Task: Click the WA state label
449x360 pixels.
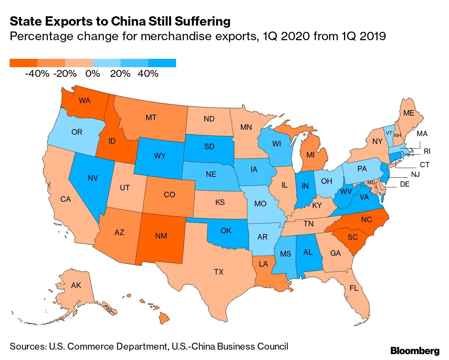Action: click(85, 101)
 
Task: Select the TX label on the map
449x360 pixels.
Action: click(219, 272)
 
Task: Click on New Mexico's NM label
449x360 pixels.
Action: click(161, 236)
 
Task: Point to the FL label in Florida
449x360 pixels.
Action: click(354, 288)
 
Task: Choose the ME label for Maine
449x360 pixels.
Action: click(409, 113)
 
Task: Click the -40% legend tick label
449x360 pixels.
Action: click(37, 74)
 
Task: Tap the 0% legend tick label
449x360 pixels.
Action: click(93, 74)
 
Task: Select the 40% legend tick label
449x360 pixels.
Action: click(148, 74)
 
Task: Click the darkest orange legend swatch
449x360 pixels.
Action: click(24, 63)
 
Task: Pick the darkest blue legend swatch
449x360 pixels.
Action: click(162, 63)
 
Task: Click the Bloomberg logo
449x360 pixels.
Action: click(415, 351)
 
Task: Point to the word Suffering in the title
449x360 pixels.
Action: click(203, 21)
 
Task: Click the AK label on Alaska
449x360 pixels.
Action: click(76, 286)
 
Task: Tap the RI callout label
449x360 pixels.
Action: click(427, 151)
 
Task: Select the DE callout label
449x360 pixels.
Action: click(405, 184)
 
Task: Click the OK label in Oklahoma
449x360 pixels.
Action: click(226, 231)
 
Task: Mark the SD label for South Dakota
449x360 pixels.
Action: click(209, 147)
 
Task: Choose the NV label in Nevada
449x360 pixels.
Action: click(93, 178)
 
